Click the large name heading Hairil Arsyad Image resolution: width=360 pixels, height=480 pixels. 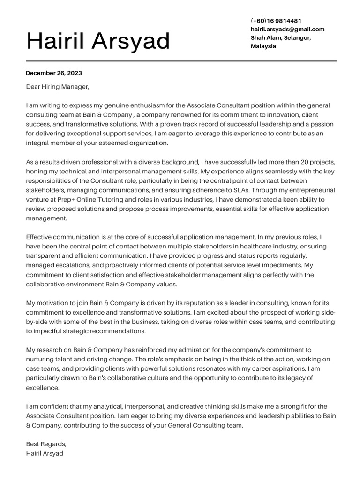point(98,41)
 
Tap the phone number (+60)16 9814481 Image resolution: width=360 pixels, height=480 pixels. point(276,21)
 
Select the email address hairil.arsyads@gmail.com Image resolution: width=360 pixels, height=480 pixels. point(287,29)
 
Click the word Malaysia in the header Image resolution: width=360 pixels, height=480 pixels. point(263,46)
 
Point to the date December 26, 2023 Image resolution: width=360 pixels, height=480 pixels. point(54,73)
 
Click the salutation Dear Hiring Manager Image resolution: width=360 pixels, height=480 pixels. point(57,87)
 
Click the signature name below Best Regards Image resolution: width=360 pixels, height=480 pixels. point(45,453)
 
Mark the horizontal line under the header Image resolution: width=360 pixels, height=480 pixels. point(181,61)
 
